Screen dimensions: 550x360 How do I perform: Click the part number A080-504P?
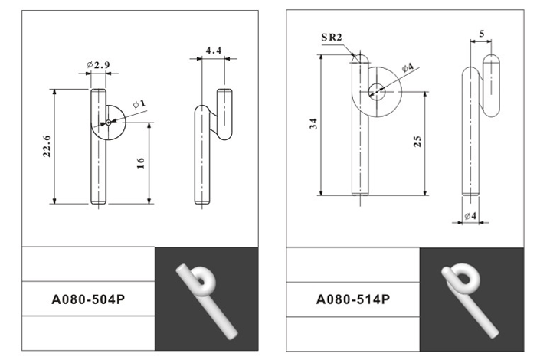point(88,299)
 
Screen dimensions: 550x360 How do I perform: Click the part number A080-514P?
point(353,299)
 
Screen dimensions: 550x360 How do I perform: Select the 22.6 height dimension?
point(47,146)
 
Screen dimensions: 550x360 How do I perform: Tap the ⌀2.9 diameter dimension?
point(98,65)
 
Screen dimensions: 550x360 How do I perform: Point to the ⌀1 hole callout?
point(139,104)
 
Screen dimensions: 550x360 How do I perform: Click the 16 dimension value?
point(140,163)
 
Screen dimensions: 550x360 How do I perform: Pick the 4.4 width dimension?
point(214,51)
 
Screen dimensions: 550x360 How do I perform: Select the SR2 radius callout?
point(332,38)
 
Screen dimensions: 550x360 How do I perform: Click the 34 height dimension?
point(313,124)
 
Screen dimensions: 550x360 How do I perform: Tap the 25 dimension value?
point(417,142)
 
